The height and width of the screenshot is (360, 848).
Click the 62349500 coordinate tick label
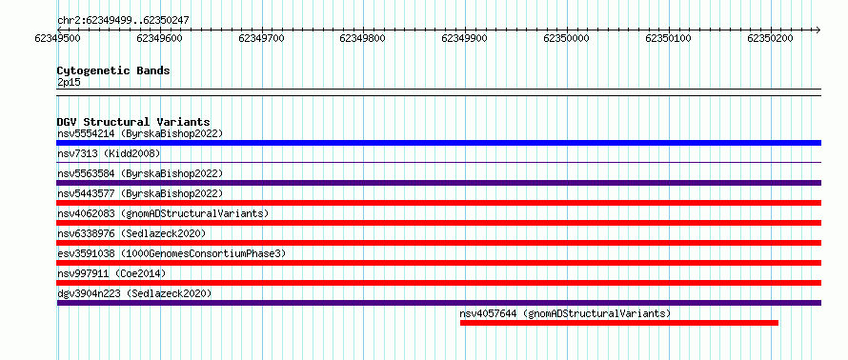point(57,38)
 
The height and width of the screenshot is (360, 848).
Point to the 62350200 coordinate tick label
point(770,38)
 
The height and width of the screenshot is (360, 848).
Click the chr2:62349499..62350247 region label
point(123,21)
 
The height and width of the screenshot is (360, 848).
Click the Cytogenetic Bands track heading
point(113,70)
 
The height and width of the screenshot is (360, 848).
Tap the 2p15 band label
point(69,82)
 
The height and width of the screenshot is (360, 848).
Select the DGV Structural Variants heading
point(133,122)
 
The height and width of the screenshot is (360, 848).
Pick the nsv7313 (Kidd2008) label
point(109,153)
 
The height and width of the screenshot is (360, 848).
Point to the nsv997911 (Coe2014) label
point(111,273)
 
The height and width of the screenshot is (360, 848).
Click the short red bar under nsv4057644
point(619,323)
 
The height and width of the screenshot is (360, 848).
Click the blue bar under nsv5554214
point(439,143)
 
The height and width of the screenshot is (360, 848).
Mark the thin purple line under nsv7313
point(439,162)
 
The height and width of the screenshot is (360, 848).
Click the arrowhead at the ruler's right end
point(818,30)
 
